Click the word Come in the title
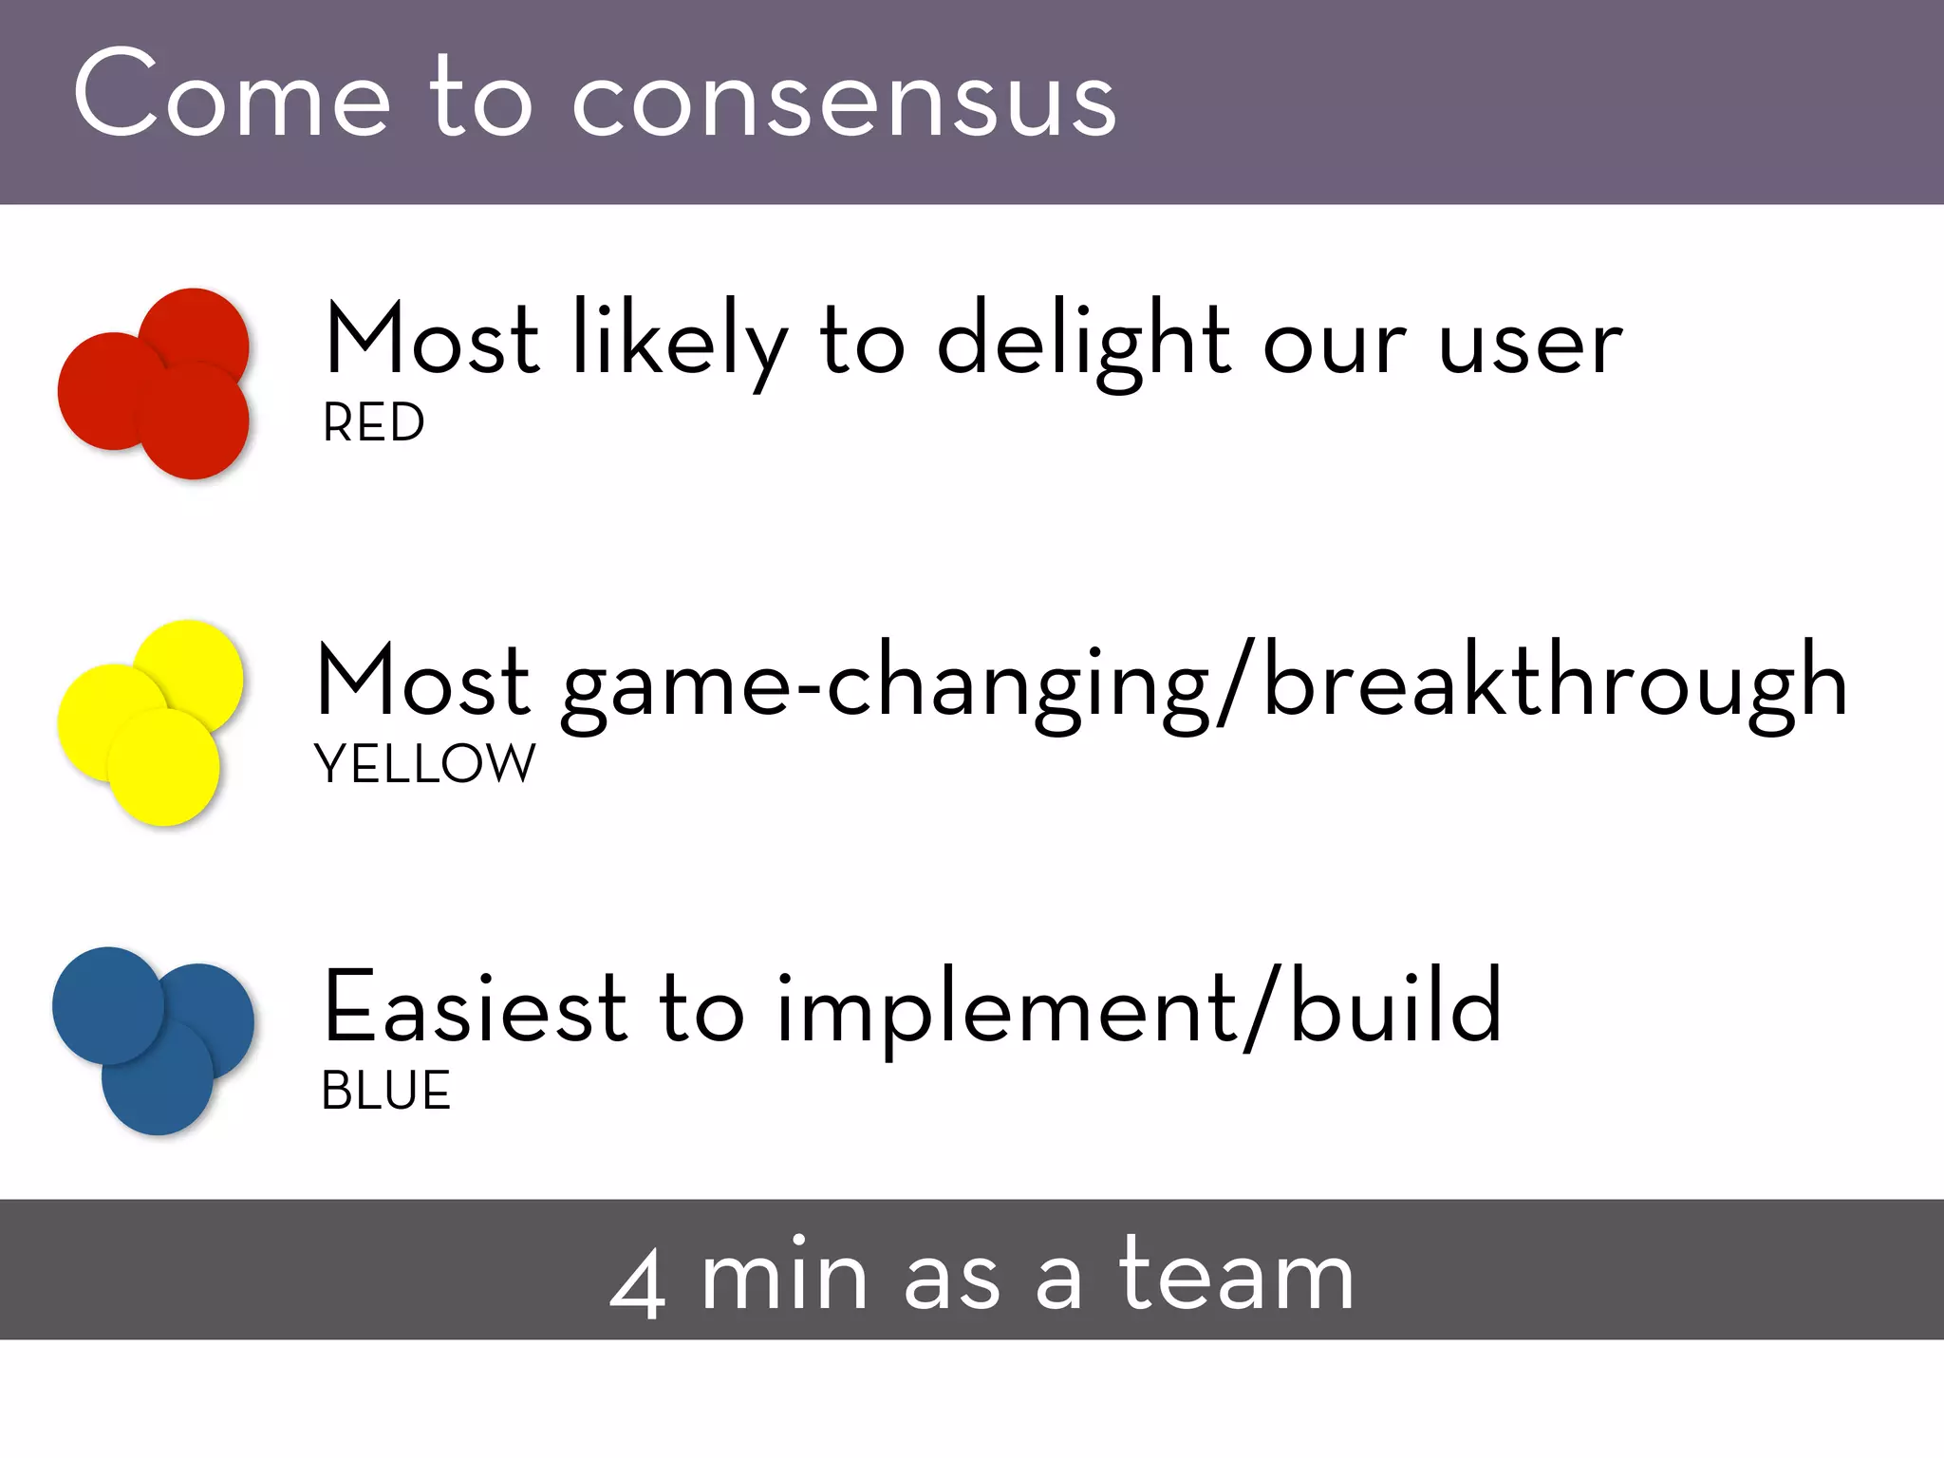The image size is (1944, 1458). tap(232, 95)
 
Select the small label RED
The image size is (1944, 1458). tap(373, 422)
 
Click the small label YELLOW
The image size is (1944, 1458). tap(424, 763)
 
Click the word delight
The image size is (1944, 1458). tap(1083, 342)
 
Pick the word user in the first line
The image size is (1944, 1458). tap(1530, 344)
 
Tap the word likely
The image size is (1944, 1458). tap(679, 342)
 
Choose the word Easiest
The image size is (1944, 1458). tap(475, 1008)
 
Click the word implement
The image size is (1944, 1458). tap(1006, 1011)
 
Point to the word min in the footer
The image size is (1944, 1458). tap(784, 1277)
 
